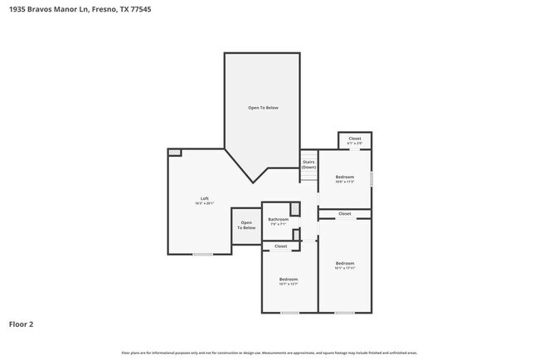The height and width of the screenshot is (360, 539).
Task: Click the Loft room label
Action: point(204,198)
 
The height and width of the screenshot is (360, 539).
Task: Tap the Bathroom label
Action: point(278,219)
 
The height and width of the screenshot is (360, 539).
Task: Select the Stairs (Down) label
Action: point(308,164)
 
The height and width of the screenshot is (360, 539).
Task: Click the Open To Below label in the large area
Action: point(263,108)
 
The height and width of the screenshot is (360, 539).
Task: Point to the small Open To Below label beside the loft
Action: point(246,224)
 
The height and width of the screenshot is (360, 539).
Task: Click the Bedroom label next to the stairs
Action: point(345,177)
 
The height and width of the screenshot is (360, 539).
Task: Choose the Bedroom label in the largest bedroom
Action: point(345,263)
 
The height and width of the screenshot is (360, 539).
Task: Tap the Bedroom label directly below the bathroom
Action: point(288,279)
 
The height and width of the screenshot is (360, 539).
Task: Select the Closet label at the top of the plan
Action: point(354,139)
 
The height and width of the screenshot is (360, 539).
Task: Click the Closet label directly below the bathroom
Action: point(280,246)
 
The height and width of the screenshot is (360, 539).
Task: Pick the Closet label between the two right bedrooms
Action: point(345,214)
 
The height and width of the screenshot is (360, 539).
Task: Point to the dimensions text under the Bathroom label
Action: point(278,224)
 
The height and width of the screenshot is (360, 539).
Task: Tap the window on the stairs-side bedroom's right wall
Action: point(371,178)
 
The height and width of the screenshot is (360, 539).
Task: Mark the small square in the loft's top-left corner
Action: point(174,152)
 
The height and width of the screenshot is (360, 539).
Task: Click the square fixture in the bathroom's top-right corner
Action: point(294,208)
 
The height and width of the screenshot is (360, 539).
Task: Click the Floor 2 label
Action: point(22,324)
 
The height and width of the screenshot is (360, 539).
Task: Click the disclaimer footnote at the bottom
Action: point(269,353)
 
